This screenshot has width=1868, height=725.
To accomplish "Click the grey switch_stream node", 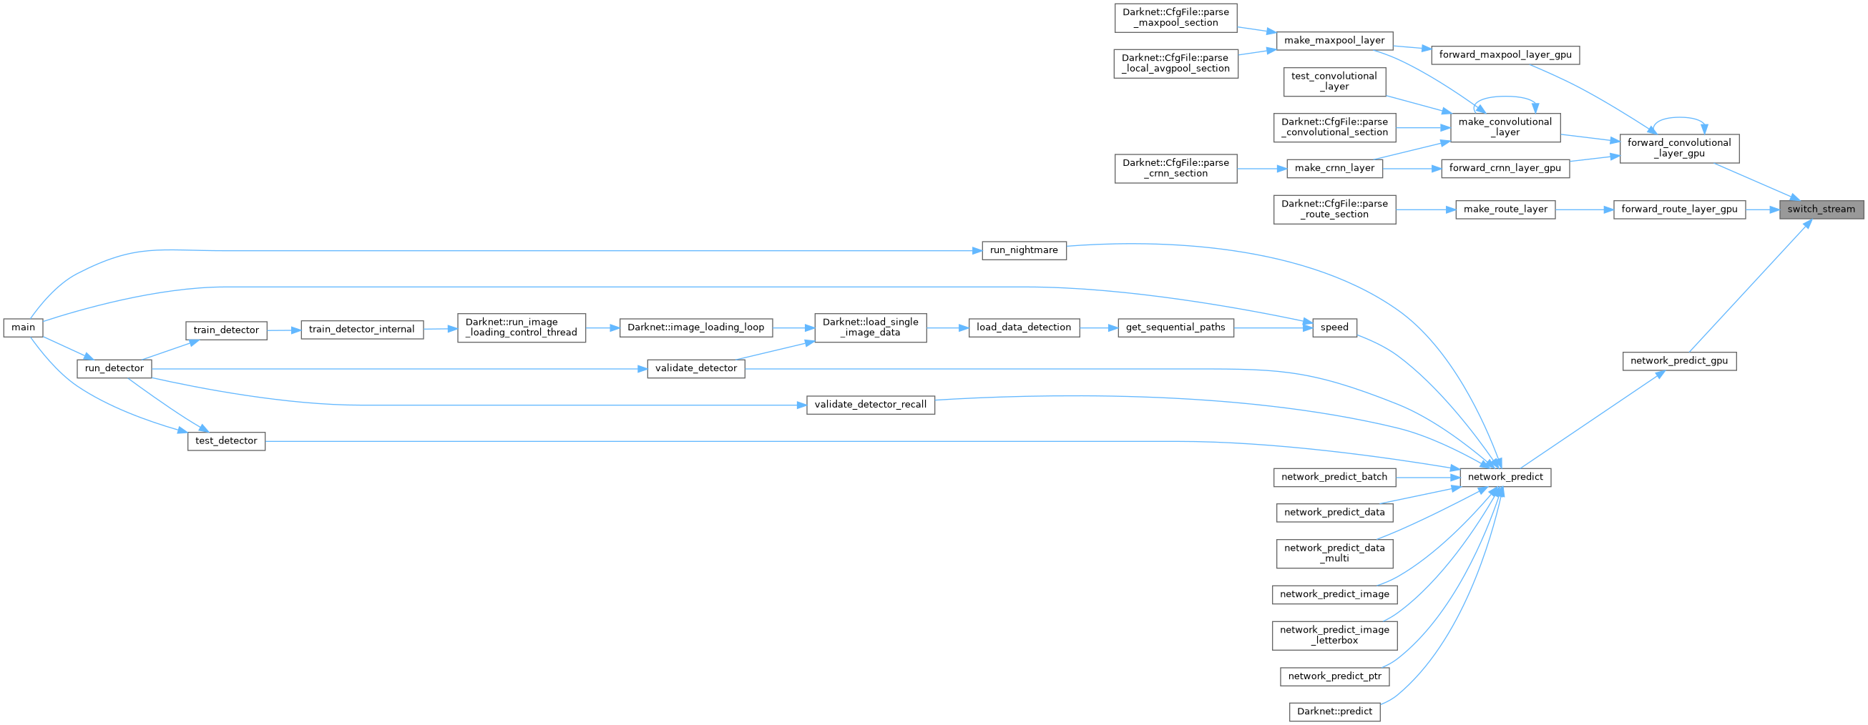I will [x=1821, y=209].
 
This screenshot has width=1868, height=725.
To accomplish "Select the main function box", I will [x=23, y=327].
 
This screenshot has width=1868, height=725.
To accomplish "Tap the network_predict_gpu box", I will [x=1678, y=360].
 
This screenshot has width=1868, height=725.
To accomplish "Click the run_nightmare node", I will [x=1023, y=250].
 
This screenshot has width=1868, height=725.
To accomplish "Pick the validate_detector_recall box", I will [x=870, y=405].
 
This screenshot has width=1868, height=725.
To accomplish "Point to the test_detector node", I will [x=226, y=441].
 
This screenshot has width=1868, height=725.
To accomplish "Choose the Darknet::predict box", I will [x=1334, y=711].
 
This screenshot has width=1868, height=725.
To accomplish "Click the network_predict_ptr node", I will [x=1334, y=676].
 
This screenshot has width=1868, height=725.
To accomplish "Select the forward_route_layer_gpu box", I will [x=1678, y=209].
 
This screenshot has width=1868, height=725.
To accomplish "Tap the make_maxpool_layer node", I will [x=1334, y=41].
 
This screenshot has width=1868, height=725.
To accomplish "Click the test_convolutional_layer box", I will [x=1334, y=82].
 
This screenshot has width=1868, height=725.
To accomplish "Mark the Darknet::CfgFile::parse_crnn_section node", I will [x=1175, y=168].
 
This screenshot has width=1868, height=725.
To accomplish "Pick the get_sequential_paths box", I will [x=1175, y=327].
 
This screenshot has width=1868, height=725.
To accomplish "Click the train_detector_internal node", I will [x=361, y=329].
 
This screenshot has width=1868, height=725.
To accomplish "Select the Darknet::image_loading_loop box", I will [x=695, y=327].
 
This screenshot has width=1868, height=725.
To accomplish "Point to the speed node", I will [x=1334, y=327].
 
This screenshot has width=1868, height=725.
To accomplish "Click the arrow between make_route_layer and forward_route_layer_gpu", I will [x=1584, y=209].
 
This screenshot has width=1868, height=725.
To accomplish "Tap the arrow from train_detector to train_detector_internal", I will [x=283, y=330].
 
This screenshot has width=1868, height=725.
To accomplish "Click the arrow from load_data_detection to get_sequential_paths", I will [x=1098, y=327].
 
